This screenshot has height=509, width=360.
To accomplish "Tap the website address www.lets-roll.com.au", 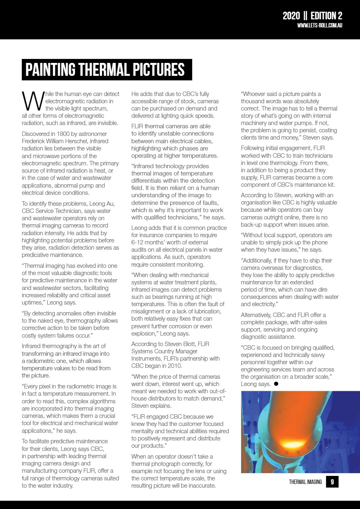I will (x=320, y=25).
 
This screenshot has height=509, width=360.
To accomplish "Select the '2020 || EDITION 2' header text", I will (x=312, y=16).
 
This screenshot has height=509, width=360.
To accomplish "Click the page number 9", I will (x=332, y=481).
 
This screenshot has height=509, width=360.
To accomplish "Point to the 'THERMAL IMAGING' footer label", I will (x=305, y=482).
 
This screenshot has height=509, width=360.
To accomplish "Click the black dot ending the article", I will (x=276, y=384).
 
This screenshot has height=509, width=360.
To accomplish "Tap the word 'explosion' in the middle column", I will (x=144, y=333).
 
